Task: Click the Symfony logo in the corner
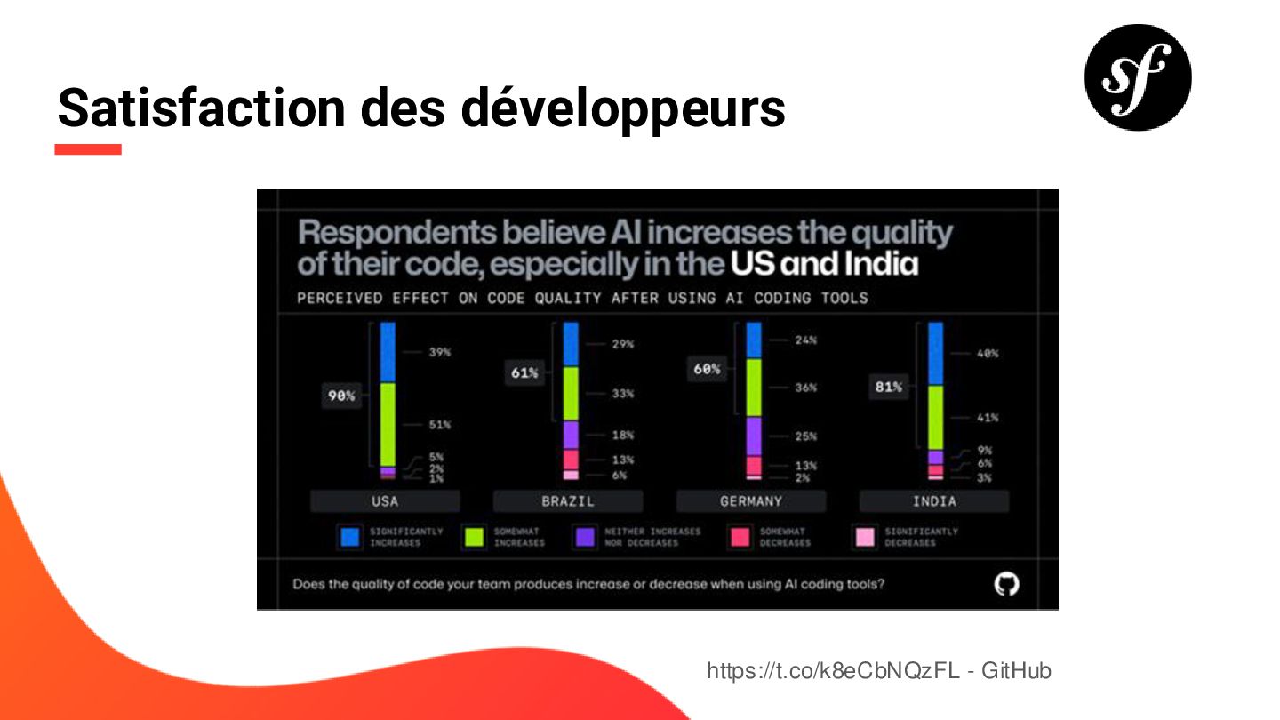[x=1137, y=77]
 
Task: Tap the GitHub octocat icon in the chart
[x=1006, y=584]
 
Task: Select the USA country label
[x=385, y=501]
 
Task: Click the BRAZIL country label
[x=568, y=501]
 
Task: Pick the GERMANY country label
[x=751, y=501]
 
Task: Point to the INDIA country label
[x=934, y=501]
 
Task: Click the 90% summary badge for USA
[x=341, y=396]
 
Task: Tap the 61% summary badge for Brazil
[x=524, y=373]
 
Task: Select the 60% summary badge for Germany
[x=708, y=369]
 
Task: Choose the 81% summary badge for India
[x=889, y=387]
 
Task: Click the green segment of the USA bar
[x=388, y=425]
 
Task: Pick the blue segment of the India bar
[x=935, y=354]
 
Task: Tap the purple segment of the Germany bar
[x=754, y=436]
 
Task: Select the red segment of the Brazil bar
[x=571, y=459]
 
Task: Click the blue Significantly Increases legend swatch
[x=350, y=537]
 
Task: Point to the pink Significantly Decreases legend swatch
[x=865, y=537]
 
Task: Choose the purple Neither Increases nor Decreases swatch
[x=586, y=537]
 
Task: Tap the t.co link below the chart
[x=833, y=670]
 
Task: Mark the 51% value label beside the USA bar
[x=440, y=425]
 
